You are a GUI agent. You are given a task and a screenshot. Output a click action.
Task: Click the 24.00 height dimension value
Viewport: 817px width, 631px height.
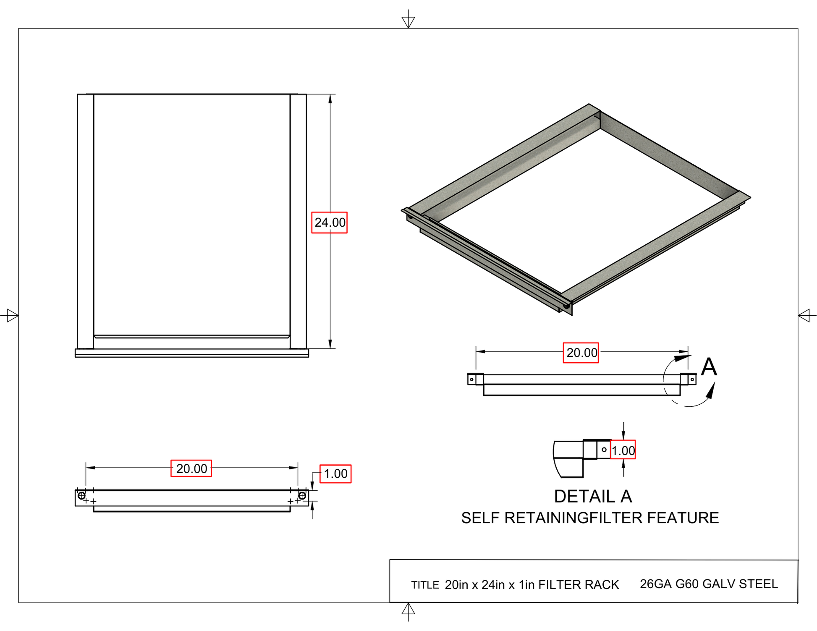[x=330, y=223]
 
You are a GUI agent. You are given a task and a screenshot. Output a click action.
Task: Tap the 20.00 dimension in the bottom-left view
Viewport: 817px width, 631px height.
[x=191, y=469]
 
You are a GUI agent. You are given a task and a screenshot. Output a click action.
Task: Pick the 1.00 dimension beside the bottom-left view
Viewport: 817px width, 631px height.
[x=335, y=474]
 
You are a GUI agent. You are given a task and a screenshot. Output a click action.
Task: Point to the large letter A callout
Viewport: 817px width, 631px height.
[x=709, y=367]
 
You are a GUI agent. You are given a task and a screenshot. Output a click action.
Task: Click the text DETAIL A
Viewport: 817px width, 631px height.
[x=593, y=497]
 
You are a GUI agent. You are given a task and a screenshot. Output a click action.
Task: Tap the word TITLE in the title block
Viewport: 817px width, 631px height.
[x=425, y=585]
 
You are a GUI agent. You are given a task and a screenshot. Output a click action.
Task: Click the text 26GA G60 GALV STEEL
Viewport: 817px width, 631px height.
[x=709, y=584]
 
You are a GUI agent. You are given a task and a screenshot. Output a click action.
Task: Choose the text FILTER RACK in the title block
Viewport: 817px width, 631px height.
[x=579, y=585]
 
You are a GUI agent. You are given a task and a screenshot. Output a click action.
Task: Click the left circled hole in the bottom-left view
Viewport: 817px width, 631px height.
[x=81, y=496]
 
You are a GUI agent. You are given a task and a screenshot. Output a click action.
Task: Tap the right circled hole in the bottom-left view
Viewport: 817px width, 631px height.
[x=302, y=496]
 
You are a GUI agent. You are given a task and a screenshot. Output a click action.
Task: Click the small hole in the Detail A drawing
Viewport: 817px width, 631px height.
[x=604, y=450]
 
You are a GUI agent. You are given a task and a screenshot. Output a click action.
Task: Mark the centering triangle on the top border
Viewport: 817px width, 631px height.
[x=408, y=21]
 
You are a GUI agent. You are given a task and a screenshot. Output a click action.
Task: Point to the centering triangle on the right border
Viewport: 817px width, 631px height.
[x=804, y=315]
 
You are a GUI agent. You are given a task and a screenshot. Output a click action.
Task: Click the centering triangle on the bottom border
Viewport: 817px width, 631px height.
[x=408, y=609]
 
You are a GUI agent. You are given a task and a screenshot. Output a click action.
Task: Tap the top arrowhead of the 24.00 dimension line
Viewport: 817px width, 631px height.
[x=330, y=99]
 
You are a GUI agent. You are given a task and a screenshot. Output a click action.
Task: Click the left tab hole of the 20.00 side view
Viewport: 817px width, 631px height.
[x=471, y=380]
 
